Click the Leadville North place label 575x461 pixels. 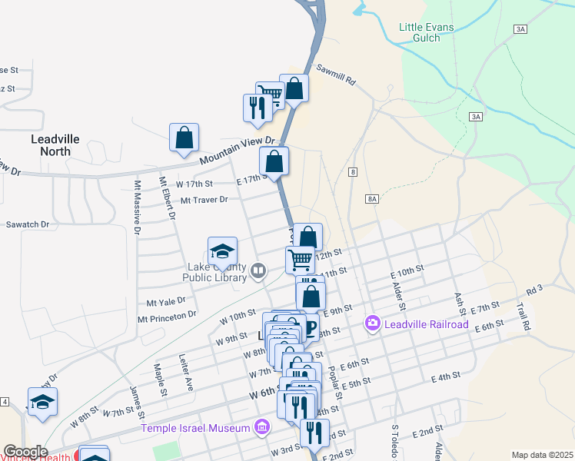[55, 145]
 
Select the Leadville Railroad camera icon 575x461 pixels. [373, 324]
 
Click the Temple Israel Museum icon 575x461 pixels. [261, 427]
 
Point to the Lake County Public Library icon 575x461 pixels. [258, 270]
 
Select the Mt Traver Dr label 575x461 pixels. [204, 200]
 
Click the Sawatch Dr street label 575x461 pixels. [28, 224]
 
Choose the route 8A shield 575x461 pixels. [373, 198]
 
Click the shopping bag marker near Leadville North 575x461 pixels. [184, 138]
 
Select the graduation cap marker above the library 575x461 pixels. [222, 252]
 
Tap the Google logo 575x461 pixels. [25, 452]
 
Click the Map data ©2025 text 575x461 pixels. [542, 455]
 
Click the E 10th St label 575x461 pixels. [407, 270]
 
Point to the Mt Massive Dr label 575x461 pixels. [138, 207]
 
